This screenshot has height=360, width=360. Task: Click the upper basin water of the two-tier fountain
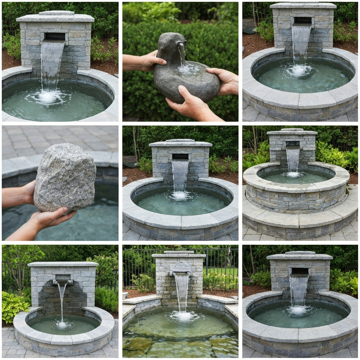295,176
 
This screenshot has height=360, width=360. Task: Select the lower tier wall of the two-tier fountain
299,221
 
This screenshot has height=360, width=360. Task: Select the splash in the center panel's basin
180,195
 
